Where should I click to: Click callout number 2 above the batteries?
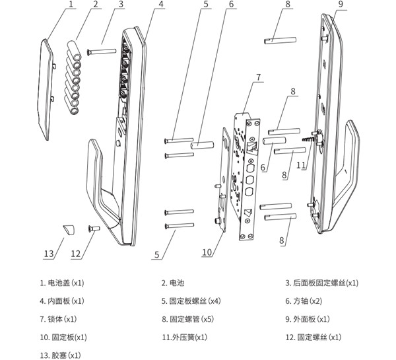(x=96, y=5)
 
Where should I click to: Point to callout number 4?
(x=161, y=5)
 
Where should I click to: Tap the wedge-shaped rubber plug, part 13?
(x=69, y=231)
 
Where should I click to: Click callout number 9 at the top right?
(x=341, y=5)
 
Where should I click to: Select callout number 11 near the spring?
(x=302, y=165)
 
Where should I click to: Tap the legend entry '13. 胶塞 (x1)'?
(x=60, y=355)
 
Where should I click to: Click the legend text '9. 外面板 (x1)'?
(x=307, y=319)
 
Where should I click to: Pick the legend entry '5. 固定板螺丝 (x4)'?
(x=191, y=301)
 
